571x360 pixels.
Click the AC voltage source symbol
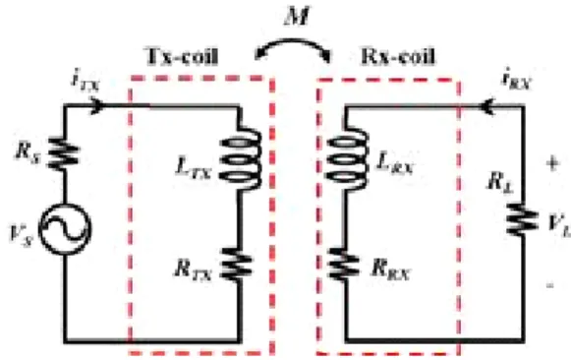[65, 229]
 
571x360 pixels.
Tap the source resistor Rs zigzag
[63, 153]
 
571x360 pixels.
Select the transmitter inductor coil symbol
[241, 159]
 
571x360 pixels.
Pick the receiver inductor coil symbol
[346, 159]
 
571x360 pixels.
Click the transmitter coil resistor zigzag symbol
[237, 265]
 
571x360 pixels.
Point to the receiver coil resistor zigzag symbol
[343, 265]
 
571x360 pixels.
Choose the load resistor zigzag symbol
[523, 219]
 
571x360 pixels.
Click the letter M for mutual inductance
[297, 16]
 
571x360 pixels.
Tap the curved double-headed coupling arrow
[293, 42]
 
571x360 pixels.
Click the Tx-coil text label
[182, 56]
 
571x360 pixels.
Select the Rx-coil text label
[398, 56]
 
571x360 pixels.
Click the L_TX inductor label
[194, 169]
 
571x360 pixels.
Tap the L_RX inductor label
[395, 163]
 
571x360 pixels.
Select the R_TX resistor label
[193, 270]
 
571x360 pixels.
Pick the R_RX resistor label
[391, 270]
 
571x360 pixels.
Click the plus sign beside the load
[552, 163]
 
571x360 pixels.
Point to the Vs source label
[21, 234]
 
